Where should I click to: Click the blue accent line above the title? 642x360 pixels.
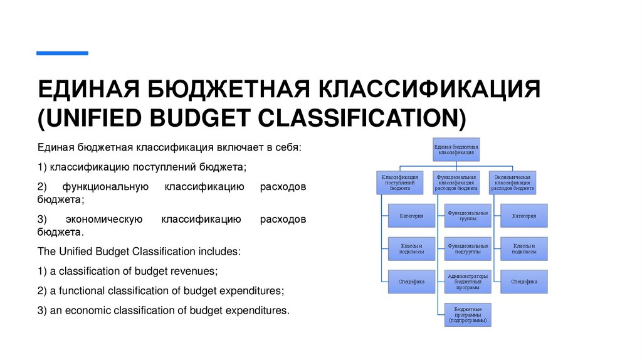click(x=62, y=53)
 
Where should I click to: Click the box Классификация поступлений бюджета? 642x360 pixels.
click(x=399, y=182)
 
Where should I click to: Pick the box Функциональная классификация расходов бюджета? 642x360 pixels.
click(x=456, y=182)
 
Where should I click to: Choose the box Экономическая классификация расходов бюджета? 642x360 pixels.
click(x=512, y=182)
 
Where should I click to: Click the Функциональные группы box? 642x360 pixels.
click(x=468, y=216)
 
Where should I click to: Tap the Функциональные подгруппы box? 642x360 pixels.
click(x=468, y=249)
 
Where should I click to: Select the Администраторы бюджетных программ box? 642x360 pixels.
click(x=468, y=282)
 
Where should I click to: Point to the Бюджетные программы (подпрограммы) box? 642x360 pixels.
click(x=468, y=314)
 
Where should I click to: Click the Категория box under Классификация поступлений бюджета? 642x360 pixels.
click(x=411, y=216)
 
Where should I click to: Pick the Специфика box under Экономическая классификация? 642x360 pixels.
click(x=524, y=282)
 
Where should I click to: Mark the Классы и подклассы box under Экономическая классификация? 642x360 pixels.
click(x=524, y=249)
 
